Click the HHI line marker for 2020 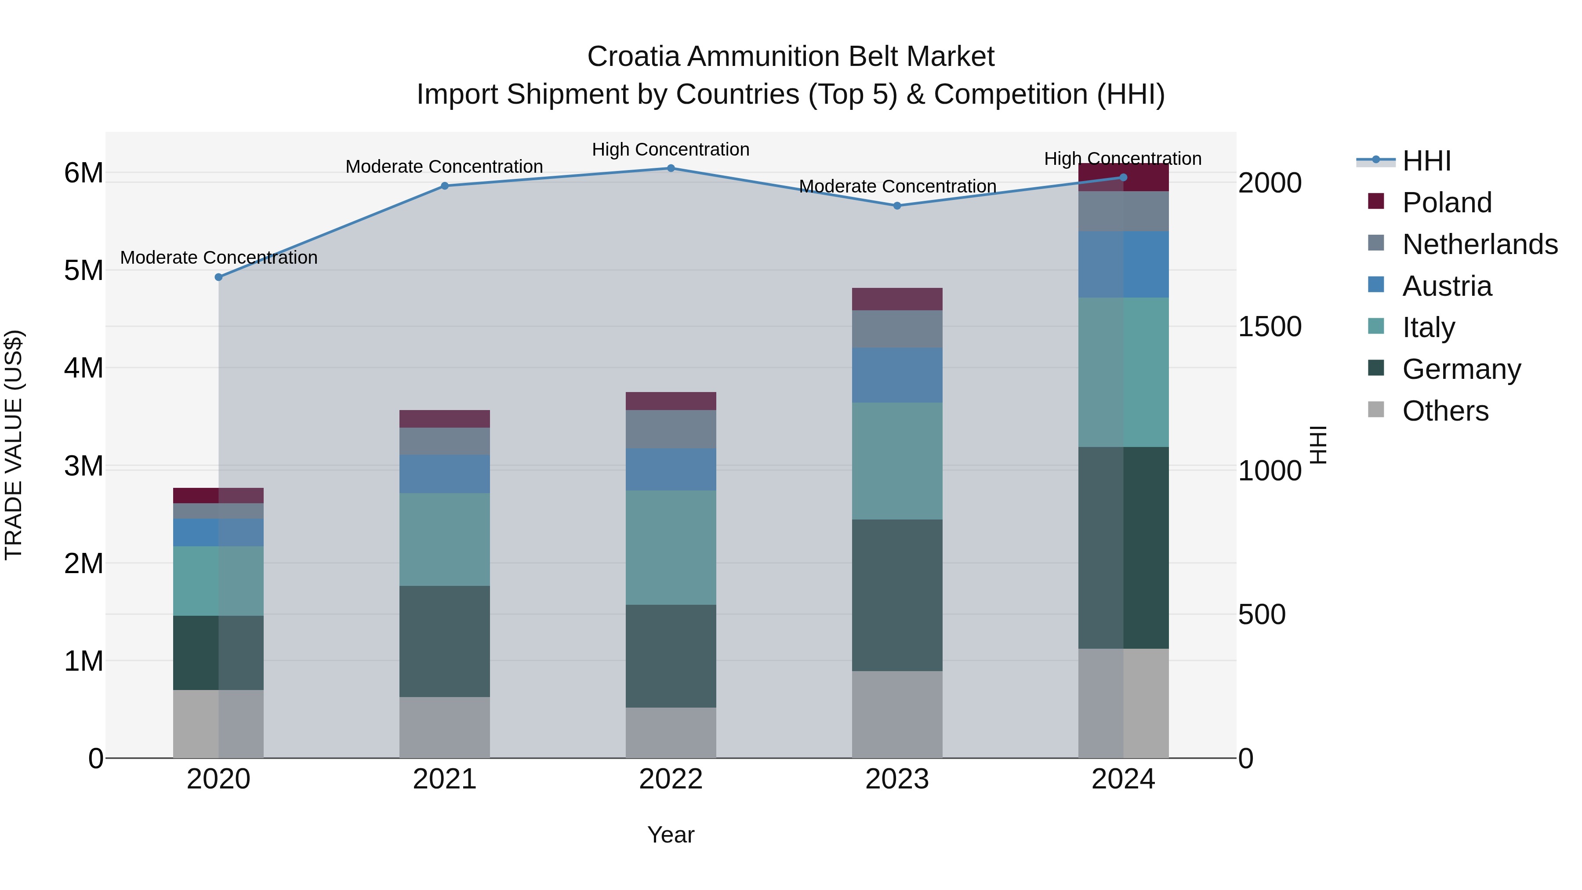pos(219,277)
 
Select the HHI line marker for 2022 pos(671,168)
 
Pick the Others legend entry pos(1444,411)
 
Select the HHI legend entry pos(1426,161)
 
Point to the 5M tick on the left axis pos(83,271)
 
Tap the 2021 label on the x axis pos(445,779)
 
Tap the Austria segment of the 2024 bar pos(1123,264)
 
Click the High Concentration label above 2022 pos(671,149)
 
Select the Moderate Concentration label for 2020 pos(219,258)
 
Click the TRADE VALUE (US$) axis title pos(14,445)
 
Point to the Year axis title pos(671,835)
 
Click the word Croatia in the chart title pos(633,57)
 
